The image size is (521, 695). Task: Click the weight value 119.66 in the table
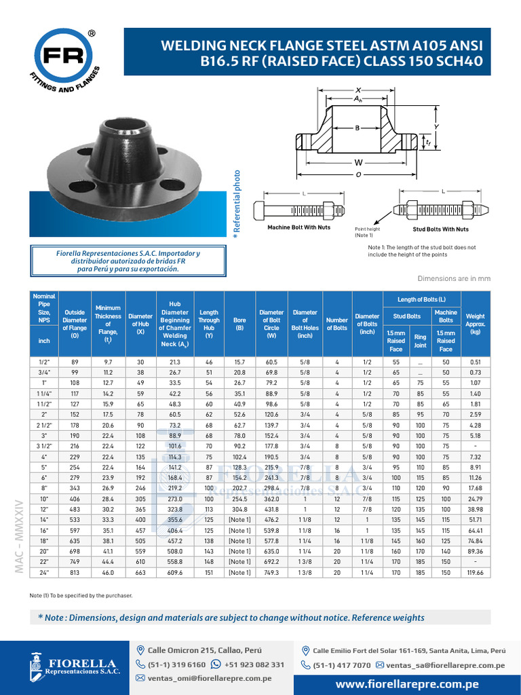click(475, 572)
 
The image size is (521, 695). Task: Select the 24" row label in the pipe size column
click(44, 572)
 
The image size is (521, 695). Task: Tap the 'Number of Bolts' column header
click(336, 323)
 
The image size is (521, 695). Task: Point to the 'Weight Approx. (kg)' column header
click(475, 323)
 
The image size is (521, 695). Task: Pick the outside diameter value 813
click(75, 572)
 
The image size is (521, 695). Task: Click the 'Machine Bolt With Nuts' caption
click(298, 227)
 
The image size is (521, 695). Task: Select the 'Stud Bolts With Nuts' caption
click(441, 229)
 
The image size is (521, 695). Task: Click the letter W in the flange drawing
click(358, 163)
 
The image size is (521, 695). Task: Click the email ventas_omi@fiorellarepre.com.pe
click(209, 678)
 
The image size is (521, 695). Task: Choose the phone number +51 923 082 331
click(254, 664)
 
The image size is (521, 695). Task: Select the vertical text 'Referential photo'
click(237, 204)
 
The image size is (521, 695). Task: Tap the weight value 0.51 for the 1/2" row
click(475, 362)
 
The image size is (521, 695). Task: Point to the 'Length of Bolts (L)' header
click(421, 299)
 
